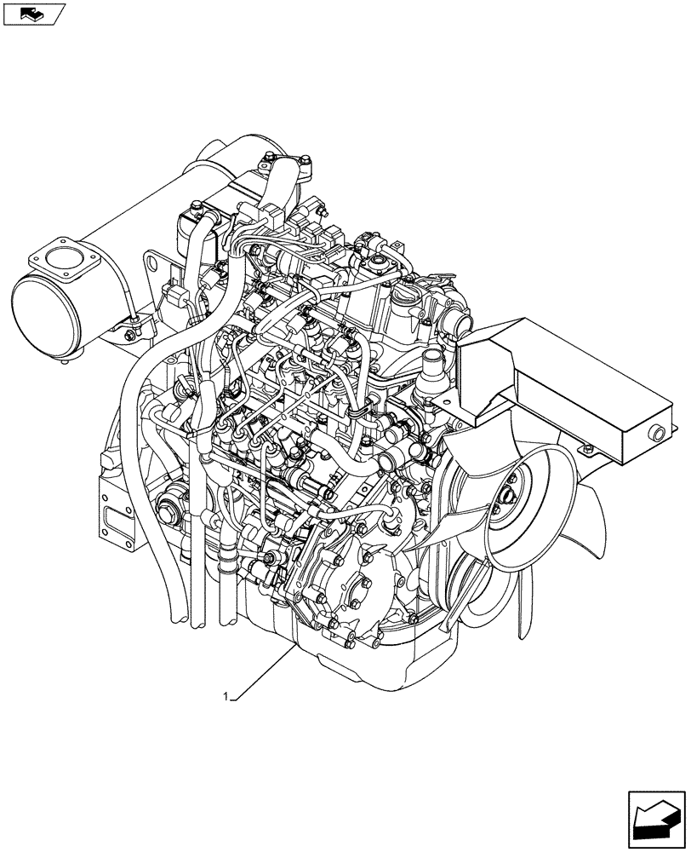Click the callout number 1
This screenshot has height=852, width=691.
pos(225,696)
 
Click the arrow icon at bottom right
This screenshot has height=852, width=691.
pos(656,817)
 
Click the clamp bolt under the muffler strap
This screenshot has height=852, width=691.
pos(135,321)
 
